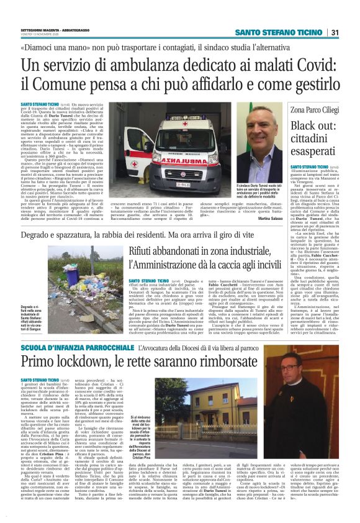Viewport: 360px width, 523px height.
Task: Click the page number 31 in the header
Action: (333, 32)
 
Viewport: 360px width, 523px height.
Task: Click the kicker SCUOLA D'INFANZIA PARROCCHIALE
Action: (77, 346)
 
